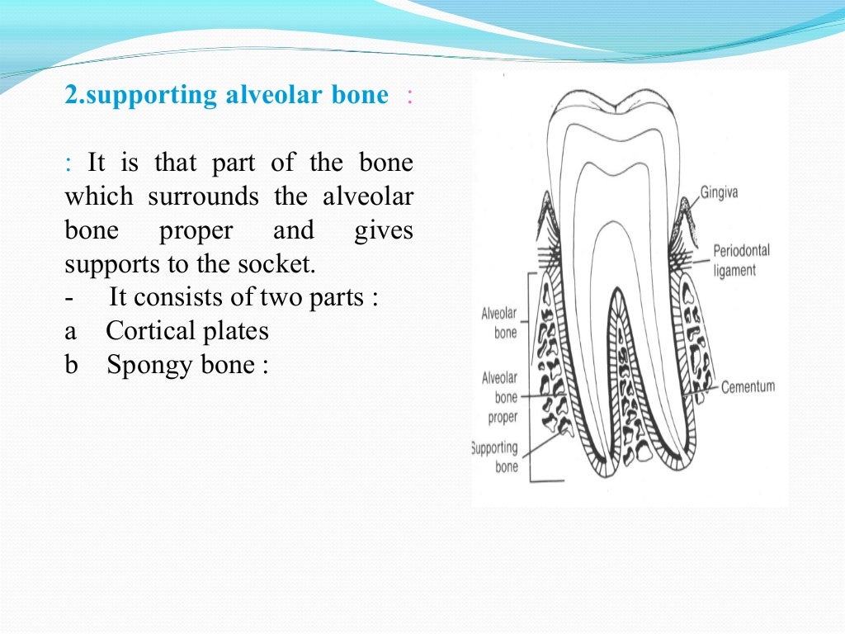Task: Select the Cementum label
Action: coord(748,386)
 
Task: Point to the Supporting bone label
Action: coord(494,457)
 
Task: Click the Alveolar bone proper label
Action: coord(500,397)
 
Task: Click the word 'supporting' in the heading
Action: coord(141,96)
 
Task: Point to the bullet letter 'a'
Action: coord(70,332)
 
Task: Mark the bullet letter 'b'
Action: coord(71,365)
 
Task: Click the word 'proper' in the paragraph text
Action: coord(196,230)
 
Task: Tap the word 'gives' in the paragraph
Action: coord(383,230)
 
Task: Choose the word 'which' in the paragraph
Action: coord(98,196)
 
